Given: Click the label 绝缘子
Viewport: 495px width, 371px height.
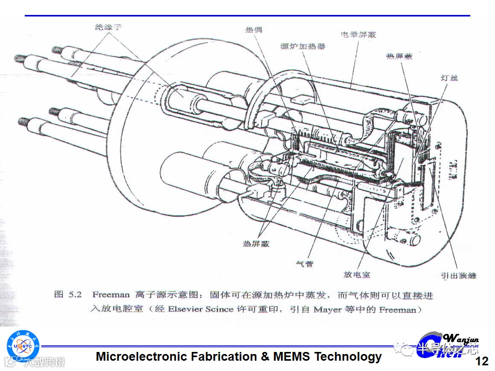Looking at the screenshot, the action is pos(108,27).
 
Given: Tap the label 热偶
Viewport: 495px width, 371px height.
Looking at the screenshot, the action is pos(253,29).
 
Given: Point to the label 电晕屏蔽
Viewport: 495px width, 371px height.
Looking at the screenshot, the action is pos(358,35).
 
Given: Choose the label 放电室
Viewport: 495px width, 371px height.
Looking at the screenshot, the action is pos(357,275).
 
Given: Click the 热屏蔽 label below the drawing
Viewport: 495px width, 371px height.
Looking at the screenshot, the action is pos(256,243).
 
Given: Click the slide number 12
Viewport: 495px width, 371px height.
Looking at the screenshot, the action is pos(481,361).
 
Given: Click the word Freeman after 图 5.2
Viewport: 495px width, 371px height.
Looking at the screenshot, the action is pos(111,295).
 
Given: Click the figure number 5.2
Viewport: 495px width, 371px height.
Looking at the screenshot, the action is pos(75,295).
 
